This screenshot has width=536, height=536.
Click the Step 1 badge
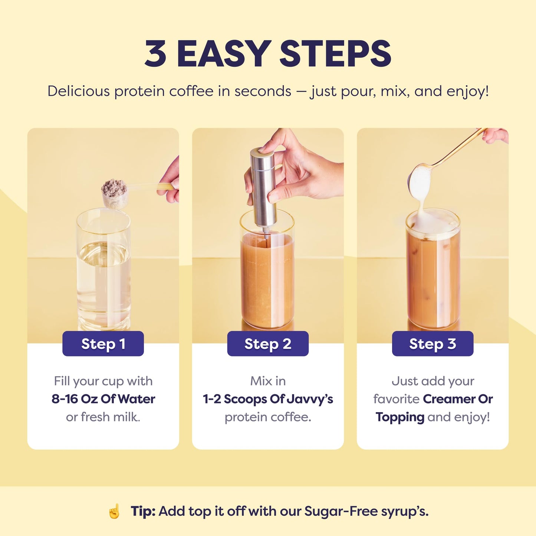(103, 344)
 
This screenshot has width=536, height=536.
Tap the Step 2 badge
(268, 344)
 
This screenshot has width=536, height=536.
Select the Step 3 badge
(433, 344)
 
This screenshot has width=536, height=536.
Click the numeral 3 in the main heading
(155, 54)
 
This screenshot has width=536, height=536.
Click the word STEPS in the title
(335, 54)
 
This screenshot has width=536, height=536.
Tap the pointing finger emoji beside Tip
(114, 511)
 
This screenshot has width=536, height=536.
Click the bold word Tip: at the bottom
(143, 511)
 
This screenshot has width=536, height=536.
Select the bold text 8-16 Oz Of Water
(103, 399)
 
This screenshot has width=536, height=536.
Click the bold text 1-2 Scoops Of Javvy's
(268, 399)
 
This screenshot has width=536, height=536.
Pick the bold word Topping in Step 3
(400, 417)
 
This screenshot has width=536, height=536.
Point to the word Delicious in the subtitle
(79, 91)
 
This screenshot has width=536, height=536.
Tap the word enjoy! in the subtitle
(468, 91)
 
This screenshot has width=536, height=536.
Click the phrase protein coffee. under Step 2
(268, 417)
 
